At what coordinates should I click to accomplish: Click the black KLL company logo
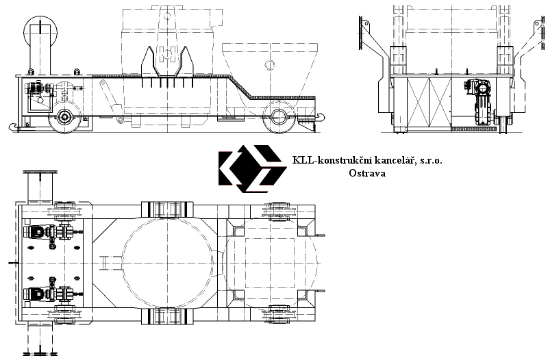[x=252, y=168]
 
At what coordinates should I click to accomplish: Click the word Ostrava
[x=367, y=173]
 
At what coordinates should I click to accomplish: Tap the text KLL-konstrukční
[x=332, y=161]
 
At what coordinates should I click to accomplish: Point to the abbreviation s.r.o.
[x=431, y=161]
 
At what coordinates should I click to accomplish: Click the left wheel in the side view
[x=64, y=117]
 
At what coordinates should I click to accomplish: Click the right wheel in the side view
[x=279, y=116]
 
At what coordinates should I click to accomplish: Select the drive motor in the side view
[x=35, y=88]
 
